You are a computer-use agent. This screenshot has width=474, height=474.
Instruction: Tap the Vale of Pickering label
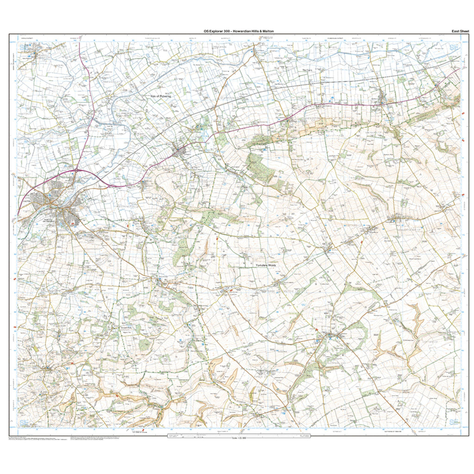tap(161, 96)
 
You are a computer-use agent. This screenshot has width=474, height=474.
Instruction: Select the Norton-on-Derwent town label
tap(50, 221)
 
